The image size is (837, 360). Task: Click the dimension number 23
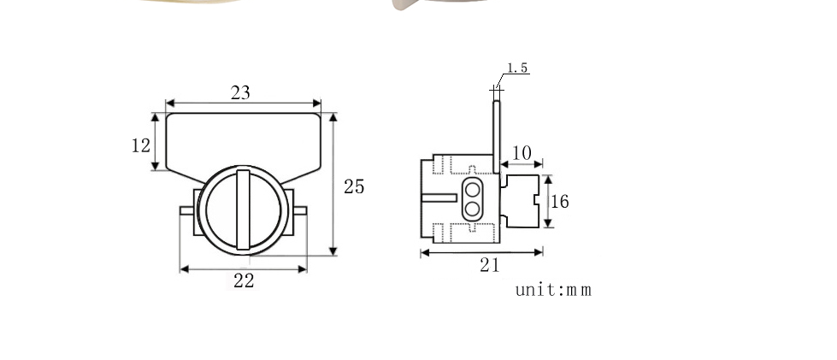click(240, 92)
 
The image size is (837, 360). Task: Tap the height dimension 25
click(354, 186)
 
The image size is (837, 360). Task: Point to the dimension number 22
click(244, 280)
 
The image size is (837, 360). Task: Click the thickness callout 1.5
click(517, 68)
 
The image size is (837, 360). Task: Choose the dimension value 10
click(522, 153)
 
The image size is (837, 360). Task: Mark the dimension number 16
click(559, 202)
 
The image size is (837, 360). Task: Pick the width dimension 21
click(489, 265)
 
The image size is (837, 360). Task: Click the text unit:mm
click(553, 289)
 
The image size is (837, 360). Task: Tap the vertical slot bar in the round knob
click(243, 210)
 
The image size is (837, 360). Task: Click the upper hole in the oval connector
click(472, 189)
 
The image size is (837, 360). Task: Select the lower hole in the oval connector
click(472, 208)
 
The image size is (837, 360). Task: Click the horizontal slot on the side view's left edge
click(440, 198)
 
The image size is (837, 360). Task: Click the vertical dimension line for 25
click(333, 184)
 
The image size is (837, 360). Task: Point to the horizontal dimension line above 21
click(481, 252)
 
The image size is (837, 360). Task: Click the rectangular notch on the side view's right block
click(537, 201)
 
